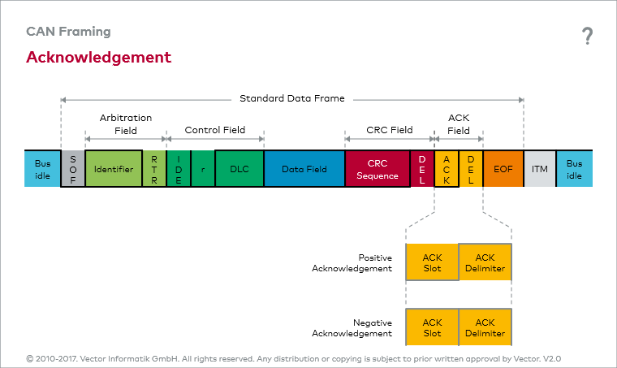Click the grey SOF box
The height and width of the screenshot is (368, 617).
pos(73,169)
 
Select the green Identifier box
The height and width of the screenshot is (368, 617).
pos(114,169)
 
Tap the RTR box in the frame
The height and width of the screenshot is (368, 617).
pos(154,169)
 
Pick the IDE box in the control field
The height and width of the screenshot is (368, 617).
pos(179,169)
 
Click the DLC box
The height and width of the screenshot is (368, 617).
pos(239,169)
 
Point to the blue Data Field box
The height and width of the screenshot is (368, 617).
pos(304,169)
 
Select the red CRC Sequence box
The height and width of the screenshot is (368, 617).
pos(378,169)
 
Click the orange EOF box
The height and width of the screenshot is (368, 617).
pos(503,169)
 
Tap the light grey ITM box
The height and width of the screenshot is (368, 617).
pos(540,169)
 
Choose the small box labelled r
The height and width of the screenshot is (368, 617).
pos(203,169)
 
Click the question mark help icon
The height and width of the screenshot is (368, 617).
pos(588,36)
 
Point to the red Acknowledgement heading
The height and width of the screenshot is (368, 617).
pos(99,58)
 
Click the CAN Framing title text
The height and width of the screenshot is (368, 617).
pos(68,32)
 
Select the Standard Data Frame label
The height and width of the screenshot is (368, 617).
pos(292,98)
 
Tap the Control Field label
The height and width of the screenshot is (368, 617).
pos(215,130)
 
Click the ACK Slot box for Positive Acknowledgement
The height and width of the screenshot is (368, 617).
pos(432,262)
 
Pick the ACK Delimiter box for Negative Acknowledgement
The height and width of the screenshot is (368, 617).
pos(485,327)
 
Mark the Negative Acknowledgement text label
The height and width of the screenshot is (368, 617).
pos(352,328)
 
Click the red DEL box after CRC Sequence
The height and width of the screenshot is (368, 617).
pos(422,169)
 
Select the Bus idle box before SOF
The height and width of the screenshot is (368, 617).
pos(42,169)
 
